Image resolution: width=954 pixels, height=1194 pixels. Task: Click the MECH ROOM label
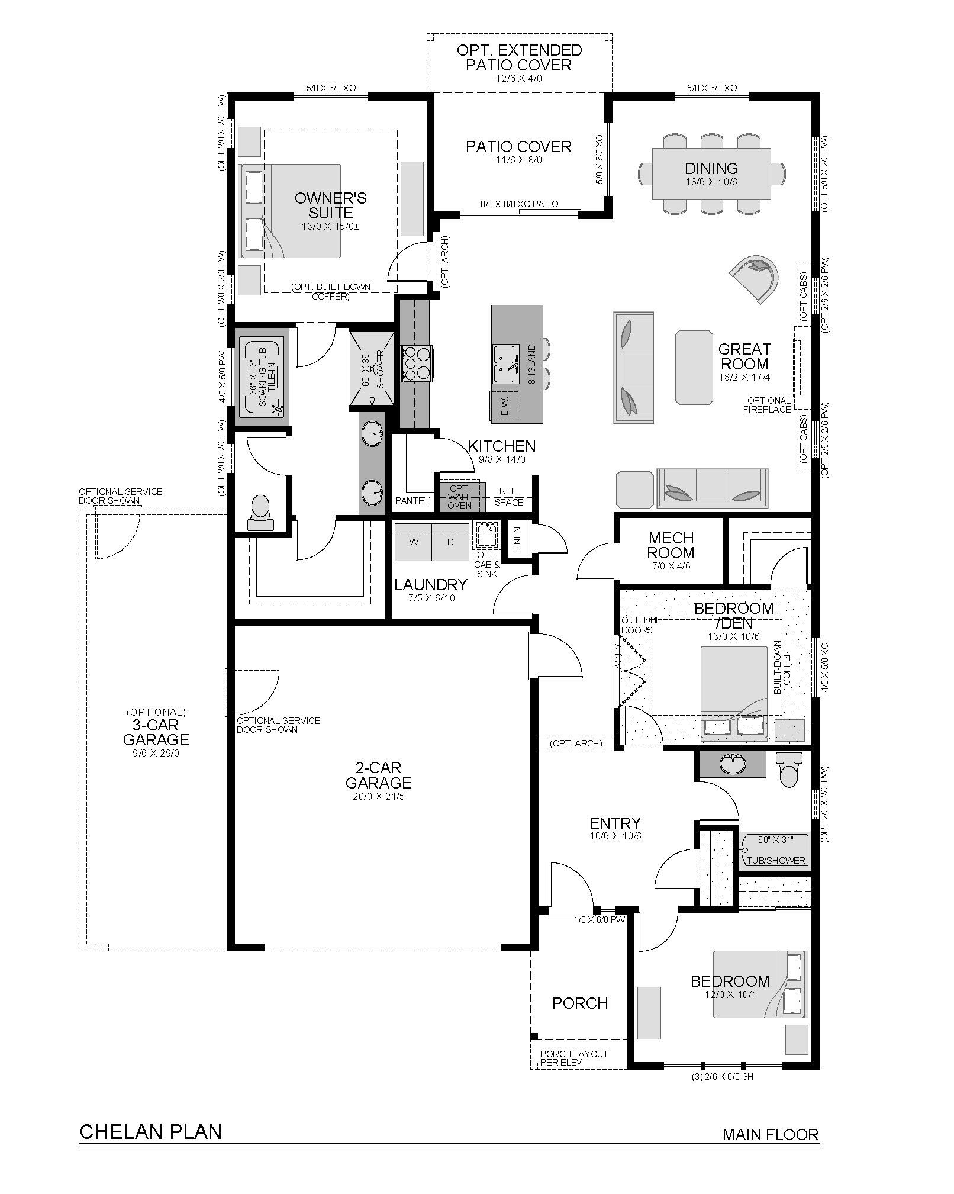[x=671, y=545]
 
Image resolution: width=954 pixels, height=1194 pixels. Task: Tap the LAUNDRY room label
[x=430, y=585]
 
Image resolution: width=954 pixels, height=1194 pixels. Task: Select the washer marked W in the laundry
[x=413, y=542]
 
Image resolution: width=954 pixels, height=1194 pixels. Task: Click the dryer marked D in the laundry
[x=450, y=542]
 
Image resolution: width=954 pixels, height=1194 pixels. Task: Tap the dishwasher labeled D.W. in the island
[x=504, y=405]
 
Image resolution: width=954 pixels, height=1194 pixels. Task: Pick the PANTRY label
[x=412, y=501]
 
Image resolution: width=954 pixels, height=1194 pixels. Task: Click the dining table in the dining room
[x=711, y=174]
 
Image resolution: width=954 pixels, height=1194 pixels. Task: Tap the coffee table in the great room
[x=694, y=367]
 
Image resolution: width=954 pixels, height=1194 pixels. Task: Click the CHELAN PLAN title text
[x=150, y=1132]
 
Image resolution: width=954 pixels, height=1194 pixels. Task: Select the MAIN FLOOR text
[x=771, y=1134]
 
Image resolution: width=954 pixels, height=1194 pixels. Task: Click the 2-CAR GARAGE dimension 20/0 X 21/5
[x=379, y=796]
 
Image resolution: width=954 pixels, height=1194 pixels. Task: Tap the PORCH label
[x=580, y=1003]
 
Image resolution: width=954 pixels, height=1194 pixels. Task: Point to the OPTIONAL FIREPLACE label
[x=769, y=405]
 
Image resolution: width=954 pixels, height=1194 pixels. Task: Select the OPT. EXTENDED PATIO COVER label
[x=519, y=57]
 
